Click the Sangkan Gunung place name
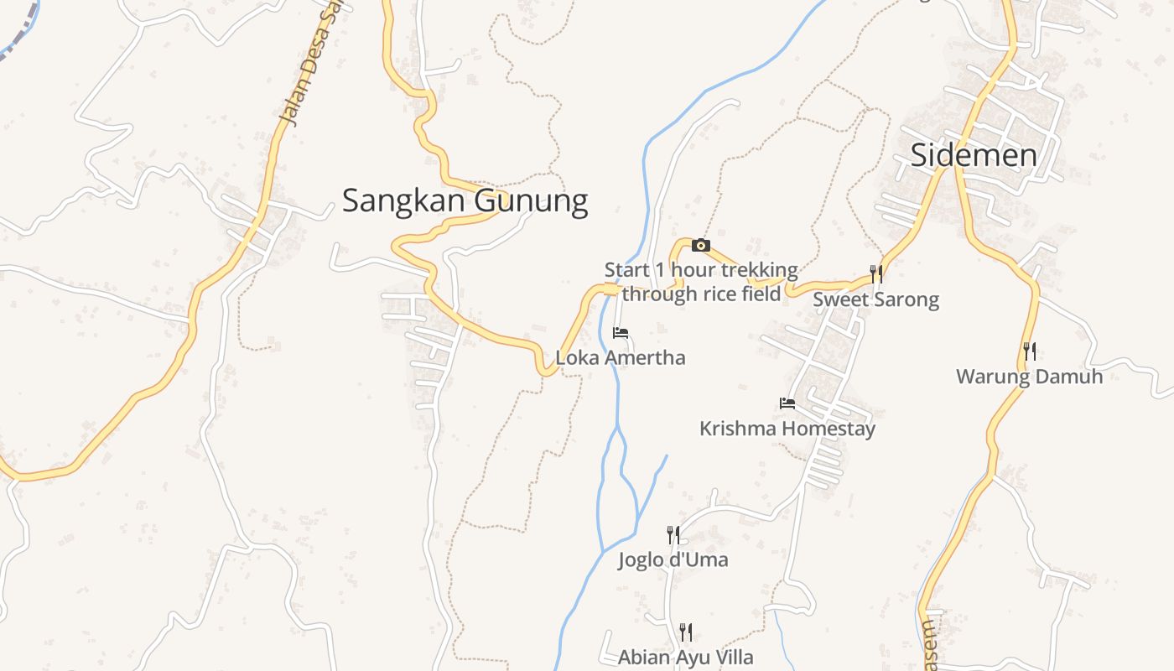[465, 201]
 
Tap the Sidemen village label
[974, 155]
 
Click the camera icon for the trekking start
[701, 246]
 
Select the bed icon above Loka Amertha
[621, 333]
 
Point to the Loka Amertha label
[621, 358]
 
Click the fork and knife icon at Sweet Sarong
[876, 273]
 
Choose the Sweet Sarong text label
[876, 299]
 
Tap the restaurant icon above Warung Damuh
[1030, 351]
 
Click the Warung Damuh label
[1030, 377]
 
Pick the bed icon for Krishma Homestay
[787, 403]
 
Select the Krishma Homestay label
[787, 429]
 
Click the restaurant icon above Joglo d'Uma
[673, 534]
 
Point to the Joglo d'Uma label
[673, 559]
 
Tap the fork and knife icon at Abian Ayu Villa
[686, 632]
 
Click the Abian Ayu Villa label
[686, 657]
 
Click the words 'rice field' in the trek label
[738, 294]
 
